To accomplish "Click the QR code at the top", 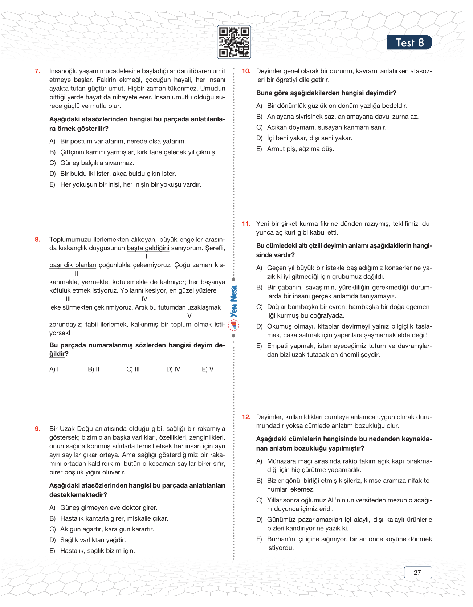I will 234,42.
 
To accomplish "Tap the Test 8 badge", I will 409,42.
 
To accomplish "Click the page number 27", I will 417,573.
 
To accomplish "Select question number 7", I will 38,71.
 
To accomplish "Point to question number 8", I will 38,240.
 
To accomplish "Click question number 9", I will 38,429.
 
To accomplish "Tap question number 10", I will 246,71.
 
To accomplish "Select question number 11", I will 246,224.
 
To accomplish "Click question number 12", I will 246,417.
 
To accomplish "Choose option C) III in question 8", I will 133,369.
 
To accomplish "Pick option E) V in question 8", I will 208,369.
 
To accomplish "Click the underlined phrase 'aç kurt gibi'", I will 291,233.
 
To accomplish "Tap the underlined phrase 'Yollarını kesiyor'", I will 143,290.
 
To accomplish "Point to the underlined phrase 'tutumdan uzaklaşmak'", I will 189,307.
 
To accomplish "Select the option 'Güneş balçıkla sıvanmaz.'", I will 97,163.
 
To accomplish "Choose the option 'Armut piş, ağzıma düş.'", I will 301,149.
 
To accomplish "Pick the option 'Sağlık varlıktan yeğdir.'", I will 93,540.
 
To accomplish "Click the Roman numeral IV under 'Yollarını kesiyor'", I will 144,299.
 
